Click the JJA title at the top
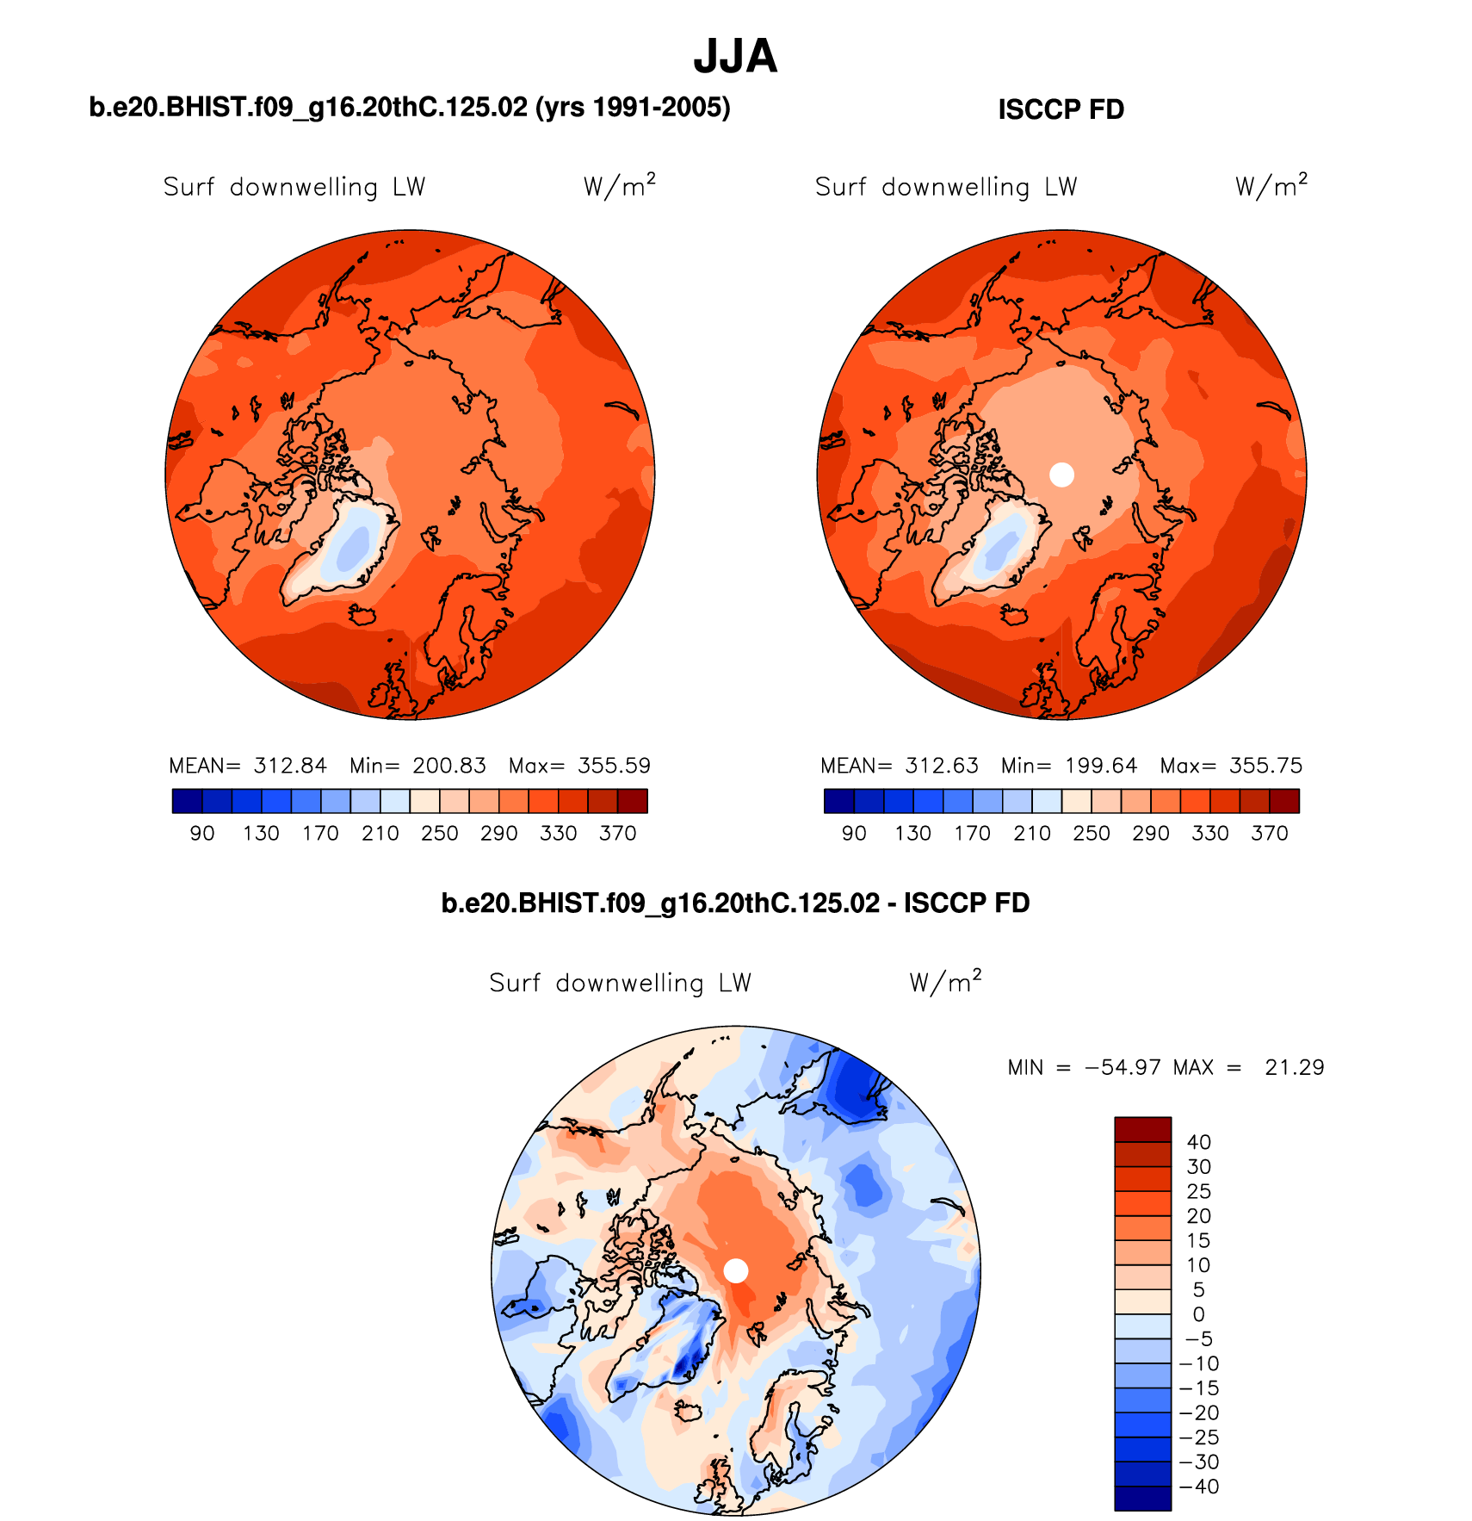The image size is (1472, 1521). click(735, 57)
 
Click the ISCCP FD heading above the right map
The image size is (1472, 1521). click(1061, 110)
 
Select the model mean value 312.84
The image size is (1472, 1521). click(290, 766)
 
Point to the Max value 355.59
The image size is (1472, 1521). click(614, 766)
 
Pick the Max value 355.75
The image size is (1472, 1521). click(1265, 766)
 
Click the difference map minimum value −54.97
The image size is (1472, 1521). click(1123, 1068)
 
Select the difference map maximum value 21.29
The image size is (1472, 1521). click(1294, 1068)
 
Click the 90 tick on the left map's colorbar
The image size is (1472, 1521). click(202, 834)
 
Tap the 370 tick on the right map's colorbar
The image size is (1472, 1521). click(1269, 834)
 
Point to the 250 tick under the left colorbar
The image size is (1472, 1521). click(439, 834)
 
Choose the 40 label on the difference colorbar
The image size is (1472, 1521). click(1198, 1142)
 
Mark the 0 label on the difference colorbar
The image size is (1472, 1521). click(1198, 1314)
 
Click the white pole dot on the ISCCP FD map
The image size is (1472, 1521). click(1062, 475)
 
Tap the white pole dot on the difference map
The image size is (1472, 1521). click(736, 1270)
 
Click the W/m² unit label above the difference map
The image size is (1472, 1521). click(945, 982)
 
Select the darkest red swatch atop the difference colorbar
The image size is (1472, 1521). click(1142, 1129)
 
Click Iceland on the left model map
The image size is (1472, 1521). click(363, 614)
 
